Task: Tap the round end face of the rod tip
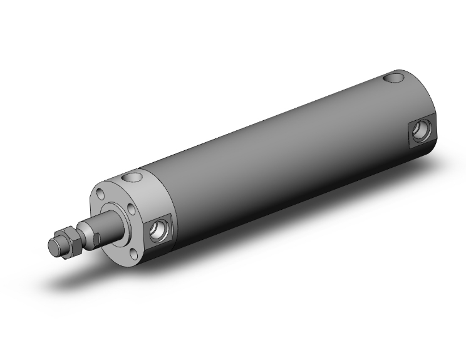(x=54, y=245)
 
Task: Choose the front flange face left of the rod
(x=100, y=213)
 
